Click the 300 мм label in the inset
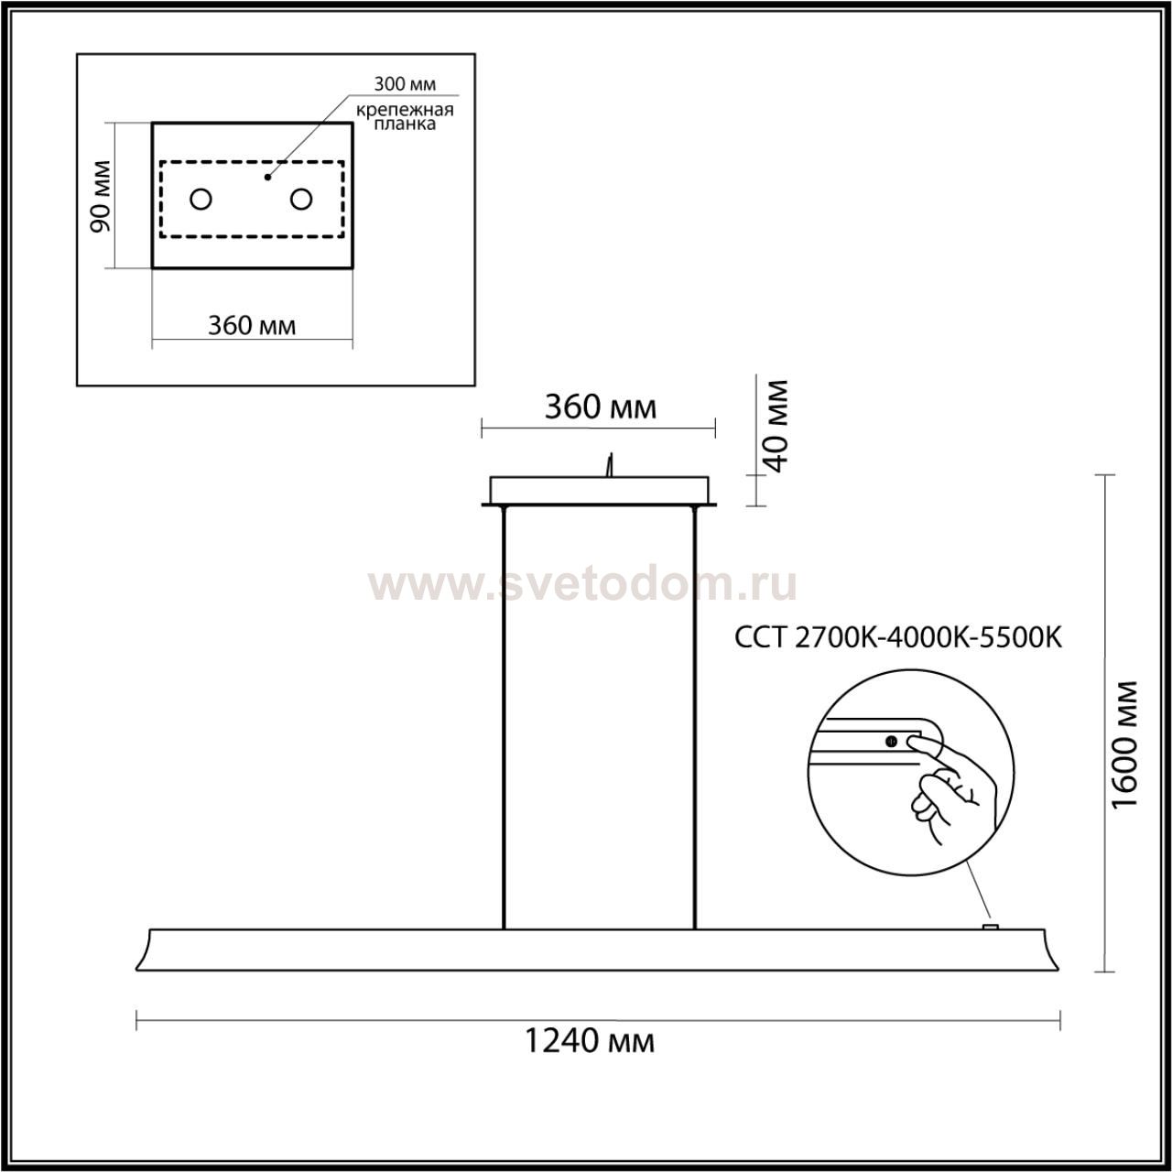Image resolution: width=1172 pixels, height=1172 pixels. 405,84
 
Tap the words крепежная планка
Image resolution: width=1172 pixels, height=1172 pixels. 405,117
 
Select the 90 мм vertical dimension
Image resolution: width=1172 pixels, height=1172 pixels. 100,196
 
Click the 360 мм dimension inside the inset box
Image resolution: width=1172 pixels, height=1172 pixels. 252,326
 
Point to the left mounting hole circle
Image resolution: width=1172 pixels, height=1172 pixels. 201,199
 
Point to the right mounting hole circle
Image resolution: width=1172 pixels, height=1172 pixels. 301,199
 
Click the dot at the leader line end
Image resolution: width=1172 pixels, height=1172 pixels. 267,178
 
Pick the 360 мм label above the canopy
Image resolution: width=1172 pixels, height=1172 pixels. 601,407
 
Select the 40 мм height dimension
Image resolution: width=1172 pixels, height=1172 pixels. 776,426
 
